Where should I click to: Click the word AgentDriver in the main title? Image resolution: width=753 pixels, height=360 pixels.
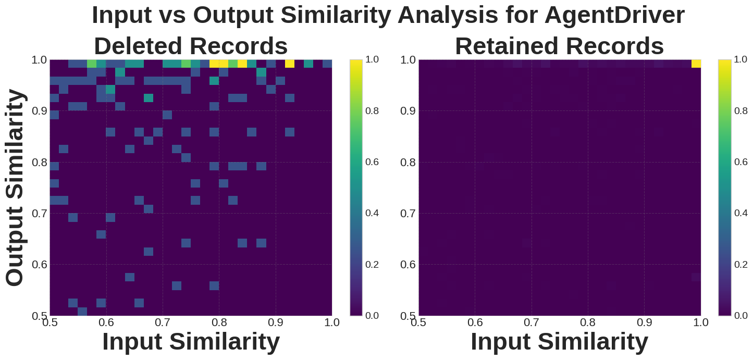(614, 15)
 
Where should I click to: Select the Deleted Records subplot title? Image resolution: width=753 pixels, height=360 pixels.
(191, 46)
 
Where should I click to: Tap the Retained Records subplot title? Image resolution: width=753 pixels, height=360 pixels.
(559, 46)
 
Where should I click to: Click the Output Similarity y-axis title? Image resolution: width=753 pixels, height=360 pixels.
(15, 188)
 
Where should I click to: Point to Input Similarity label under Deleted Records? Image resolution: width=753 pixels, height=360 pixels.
(191, 342)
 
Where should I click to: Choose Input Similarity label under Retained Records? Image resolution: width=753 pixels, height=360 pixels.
(559, 342)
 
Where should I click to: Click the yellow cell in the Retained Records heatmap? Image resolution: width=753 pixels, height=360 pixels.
(696, 64)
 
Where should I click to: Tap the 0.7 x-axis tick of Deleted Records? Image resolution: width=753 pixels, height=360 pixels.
(163, 322)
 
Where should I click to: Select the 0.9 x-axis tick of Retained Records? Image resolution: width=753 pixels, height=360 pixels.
(645, 322)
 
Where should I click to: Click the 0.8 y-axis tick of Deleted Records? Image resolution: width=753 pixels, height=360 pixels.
(39, 163)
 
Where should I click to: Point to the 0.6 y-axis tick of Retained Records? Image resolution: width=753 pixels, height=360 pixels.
(408, 265)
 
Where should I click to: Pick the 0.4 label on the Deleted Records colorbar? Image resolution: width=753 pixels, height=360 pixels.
(372, 213)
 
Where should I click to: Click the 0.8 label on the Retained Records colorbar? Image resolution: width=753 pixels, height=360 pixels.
(741, 111)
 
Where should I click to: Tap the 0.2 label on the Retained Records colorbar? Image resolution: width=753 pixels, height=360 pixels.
(741, 265)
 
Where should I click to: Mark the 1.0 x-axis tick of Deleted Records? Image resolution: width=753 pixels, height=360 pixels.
(332, 322)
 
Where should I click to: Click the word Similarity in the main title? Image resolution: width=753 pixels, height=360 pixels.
(336, 15)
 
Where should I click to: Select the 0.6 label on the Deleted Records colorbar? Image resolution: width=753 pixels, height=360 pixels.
(372, 162)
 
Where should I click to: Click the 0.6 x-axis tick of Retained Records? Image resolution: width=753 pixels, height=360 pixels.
(475, 322)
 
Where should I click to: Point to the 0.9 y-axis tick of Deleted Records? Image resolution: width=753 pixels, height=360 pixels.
(39, 111)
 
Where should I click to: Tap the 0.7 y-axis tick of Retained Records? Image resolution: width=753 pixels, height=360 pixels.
(408, 214)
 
